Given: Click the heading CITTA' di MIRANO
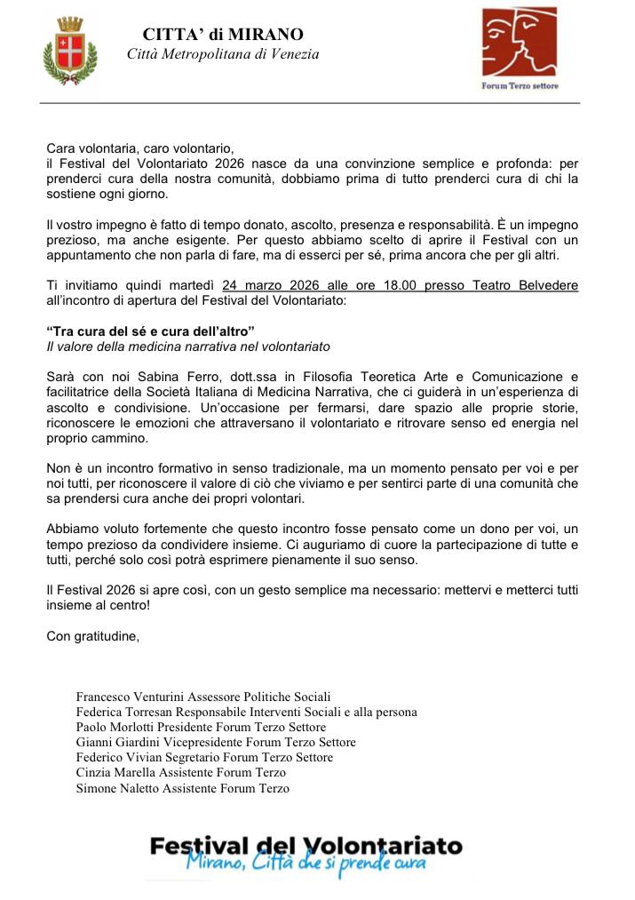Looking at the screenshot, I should (x=223, y=35).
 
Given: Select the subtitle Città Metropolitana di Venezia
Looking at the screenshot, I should (x=223, y=54).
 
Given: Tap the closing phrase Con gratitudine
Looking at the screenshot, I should (x=92, y=634).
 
